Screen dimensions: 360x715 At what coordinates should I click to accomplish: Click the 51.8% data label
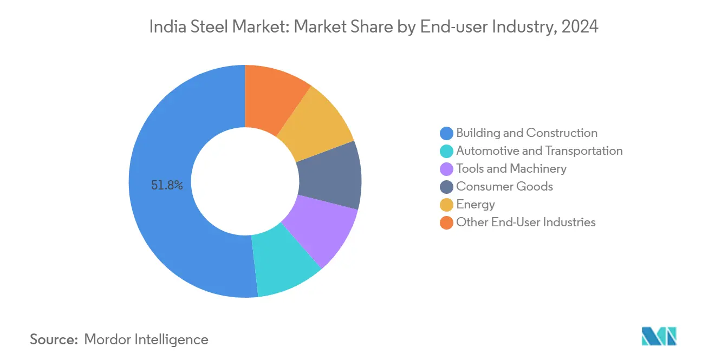[167, 186]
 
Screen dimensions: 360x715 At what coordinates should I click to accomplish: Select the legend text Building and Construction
[526, 133]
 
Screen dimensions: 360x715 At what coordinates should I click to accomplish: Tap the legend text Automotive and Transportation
[539, 151]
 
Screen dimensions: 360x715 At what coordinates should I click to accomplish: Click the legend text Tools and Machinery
[511, 169]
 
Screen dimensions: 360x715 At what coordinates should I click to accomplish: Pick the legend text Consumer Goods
[504, 187]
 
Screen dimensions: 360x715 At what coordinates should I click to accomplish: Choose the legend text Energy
[476, 205]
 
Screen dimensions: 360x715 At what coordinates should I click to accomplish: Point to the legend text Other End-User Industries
[525, 222]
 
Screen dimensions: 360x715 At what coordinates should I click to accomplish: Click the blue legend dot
[446, 133]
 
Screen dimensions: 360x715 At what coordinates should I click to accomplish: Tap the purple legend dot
[446, 169]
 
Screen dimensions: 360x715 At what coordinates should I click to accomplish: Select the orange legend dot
[446, 222]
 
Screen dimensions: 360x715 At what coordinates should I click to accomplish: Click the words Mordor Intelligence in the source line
[146, 339]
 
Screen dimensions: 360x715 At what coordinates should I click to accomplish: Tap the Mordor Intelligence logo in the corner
[659, 336]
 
